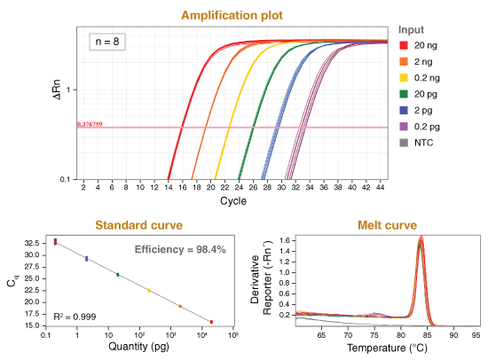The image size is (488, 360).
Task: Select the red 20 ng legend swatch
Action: coord(405,45)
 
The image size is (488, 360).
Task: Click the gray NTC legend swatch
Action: coord(405,142)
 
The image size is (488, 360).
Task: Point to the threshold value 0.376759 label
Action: coord(91,124)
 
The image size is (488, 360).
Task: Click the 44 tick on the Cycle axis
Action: coord(381,188)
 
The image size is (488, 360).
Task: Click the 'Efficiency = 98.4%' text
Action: coord(180,250)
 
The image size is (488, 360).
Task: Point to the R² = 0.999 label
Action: coord(75,316)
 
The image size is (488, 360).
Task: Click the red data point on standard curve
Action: coord(210,322)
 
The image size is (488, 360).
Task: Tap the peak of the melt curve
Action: coord(421,239)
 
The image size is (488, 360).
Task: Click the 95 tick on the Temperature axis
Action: coord(476,335)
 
